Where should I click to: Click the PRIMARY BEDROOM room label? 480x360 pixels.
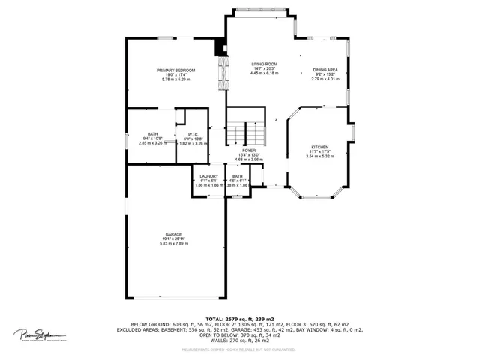click(x=175, y=70)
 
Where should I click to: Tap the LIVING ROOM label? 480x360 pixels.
click(x=264, y=64)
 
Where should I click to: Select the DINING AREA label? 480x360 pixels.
click(x=325, y=70)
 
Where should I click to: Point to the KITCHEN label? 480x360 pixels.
click(x=319, y=147)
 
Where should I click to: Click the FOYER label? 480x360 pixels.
click(x=248, y=151)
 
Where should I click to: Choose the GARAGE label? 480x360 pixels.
click(x=175, y=234)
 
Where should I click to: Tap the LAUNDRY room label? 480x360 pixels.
click(x=208, y=176)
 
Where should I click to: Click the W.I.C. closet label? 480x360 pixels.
click(x=193, y=135)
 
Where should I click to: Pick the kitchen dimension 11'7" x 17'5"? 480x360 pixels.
click(x=319, y=152)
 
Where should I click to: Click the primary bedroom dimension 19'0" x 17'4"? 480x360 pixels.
click(x=175, y=75)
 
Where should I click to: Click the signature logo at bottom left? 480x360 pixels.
click(x=38, y=334)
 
